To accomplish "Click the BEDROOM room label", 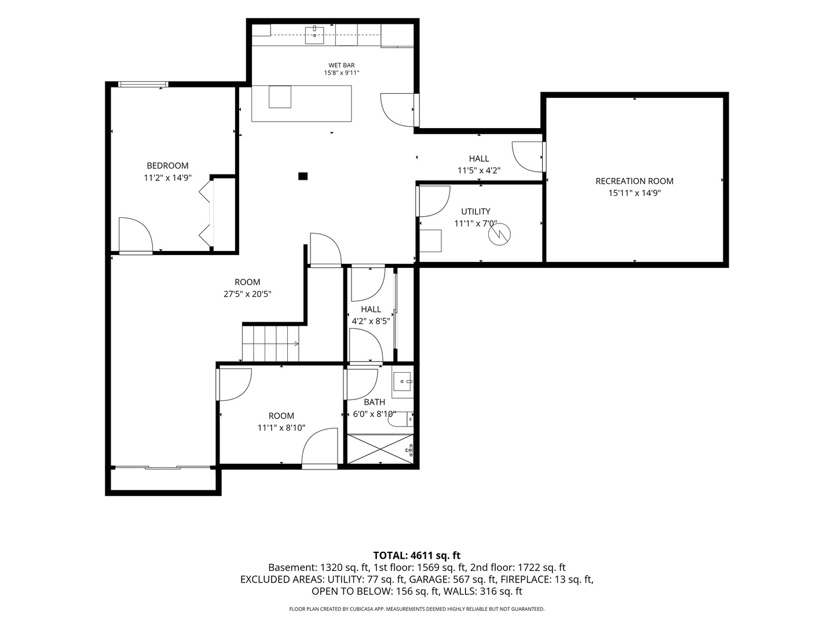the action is [167, 166].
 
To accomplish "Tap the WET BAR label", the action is [342, 65].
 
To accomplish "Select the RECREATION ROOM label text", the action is [634, 181].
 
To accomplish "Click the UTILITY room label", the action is [475, 212].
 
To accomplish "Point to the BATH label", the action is [374, 402].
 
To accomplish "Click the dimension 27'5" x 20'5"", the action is [247, 294].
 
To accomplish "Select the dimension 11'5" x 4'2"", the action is [479, 170].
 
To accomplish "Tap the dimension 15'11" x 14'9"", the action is [635, 193].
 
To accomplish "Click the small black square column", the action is [303, 176].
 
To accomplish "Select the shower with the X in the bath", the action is [381, 449].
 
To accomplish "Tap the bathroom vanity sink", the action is [403, 381].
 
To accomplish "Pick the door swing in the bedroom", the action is [136, 235].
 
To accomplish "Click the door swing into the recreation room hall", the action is [528, 156].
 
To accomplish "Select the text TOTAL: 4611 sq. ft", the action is [417, 556].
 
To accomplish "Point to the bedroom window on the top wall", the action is [143, 84].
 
